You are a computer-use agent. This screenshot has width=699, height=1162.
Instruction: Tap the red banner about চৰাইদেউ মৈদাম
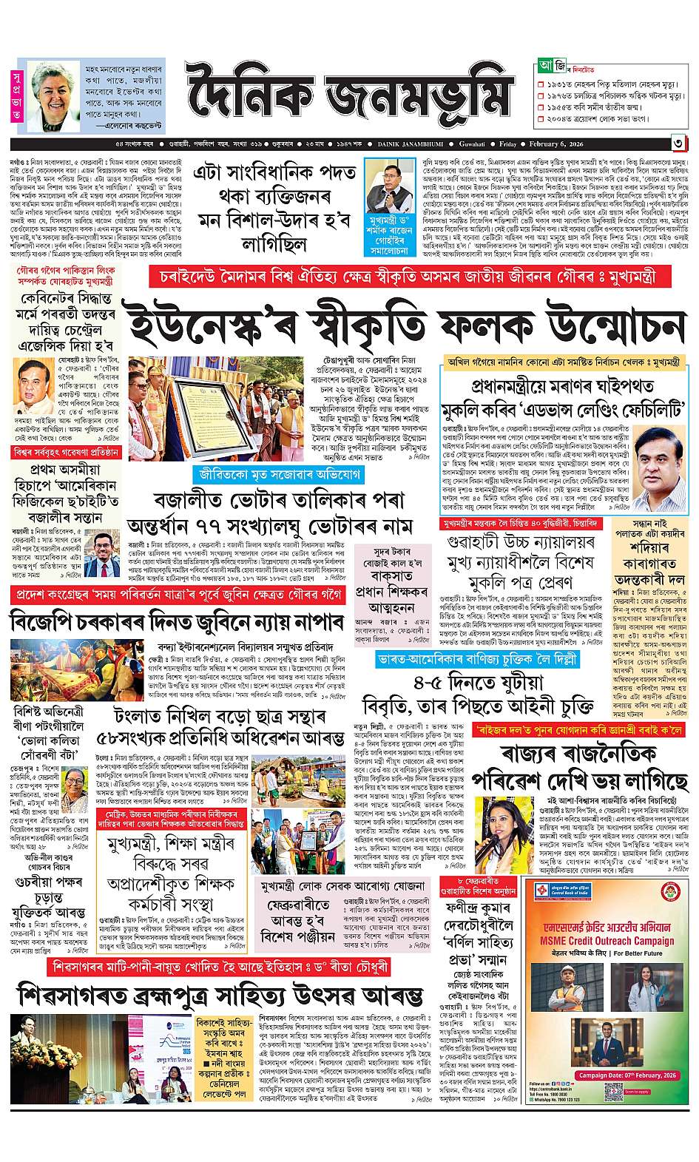pos(408,276)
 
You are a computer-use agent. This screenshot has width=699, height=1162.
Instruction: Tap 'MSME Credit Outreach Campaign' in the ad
pos(607,936)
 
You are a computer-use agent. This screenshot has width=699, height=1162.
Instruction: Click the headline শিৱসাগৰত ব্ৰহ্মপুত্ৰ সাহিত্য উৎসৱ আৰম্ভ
pos(220,995)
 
